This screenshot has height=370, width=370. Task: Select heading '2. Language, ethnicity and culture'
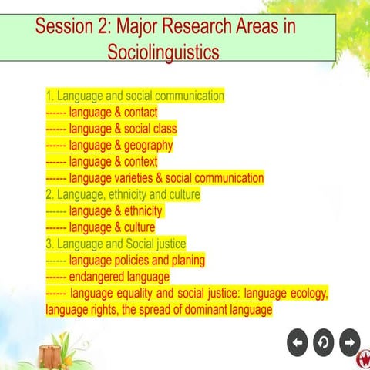(x=123, y=194)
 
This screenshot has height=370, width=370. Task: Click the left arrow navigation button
(x=298, y=340)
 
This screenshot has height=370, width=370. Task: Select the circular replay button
(x=324, y=340)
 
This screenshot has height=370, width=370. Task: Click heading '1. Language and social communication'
(x=135, y=96)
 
